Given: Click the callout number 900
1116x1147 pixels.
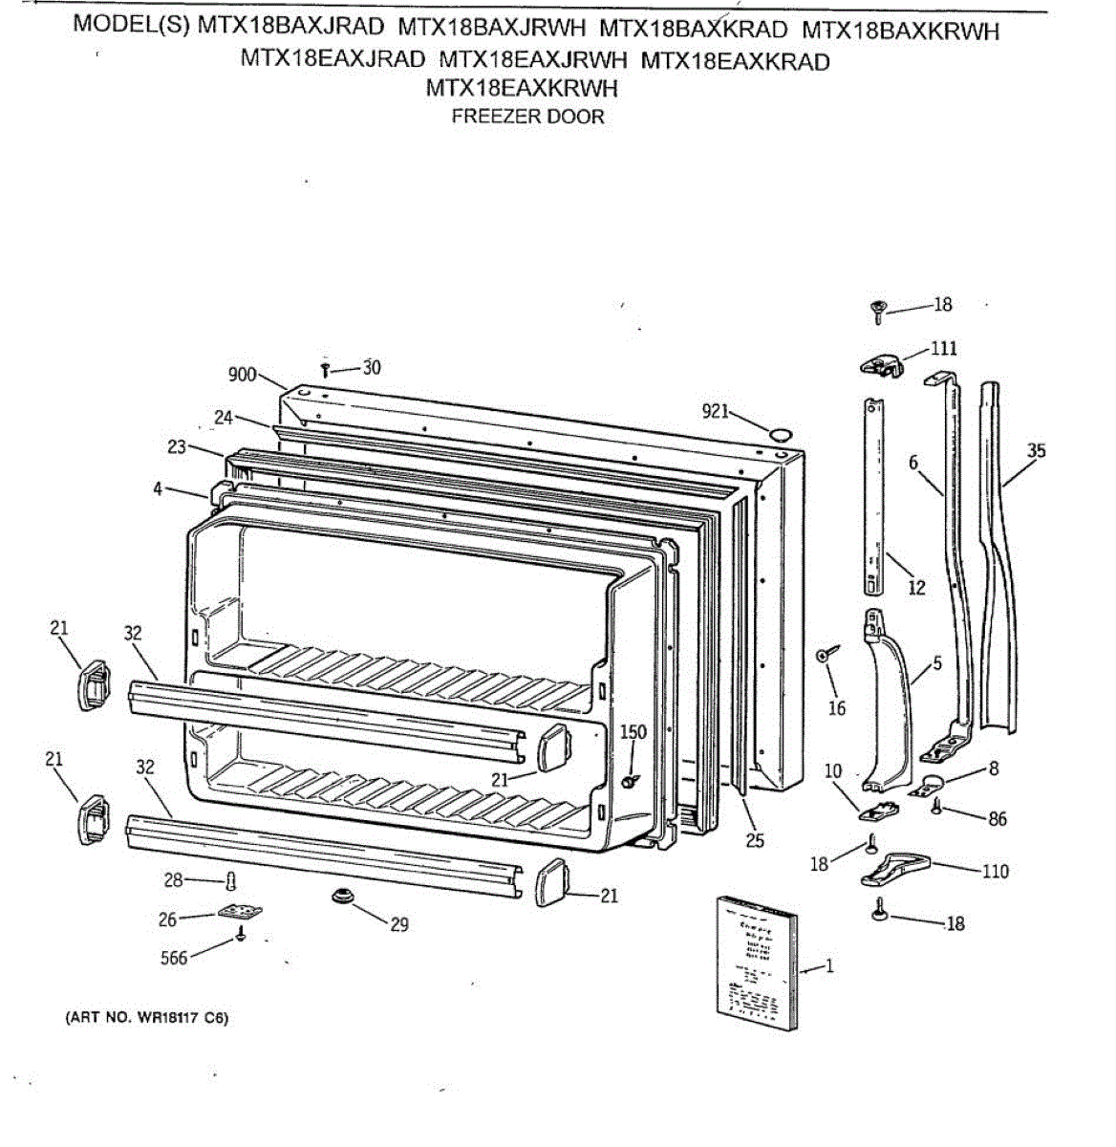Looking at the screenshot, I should click(242, 374).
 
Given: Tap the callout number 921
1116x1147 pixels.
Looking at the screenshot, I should click(715, 411).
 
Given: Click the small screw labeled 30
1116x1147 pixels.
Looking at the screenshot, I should click(326, 368).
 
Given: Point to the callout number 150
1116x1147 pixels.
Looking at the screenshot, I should click(633, 732).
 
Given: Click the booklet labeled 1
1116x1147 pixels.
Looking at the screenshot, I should click(756, 962).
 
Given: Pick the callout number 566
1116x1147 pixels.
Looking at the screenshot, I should click(174, 957).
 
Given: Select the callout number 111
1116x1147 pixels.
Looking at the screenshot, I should click(944, 348).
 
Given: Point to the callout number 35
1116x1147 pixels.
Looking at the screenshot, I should click(1036, 450).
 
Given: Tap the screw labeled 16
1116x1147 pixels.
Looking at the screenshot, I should click(826, 655).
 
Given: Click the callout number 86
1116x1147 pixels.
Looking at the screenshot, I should click(997, 819).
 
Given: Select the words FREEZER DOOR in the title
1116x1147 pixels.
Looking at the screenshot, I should click(527, 117).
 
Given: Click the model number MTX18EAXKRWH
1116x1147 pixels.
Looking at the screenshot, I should click(522, 89).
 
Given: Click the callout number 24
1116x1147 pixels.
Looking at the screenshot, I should click(224, 417).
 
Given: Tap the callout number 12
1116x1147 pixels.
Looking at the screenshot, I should click(916, 588).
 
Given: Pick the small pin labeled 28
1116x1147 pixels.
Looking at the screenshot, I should click(229, 880).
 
